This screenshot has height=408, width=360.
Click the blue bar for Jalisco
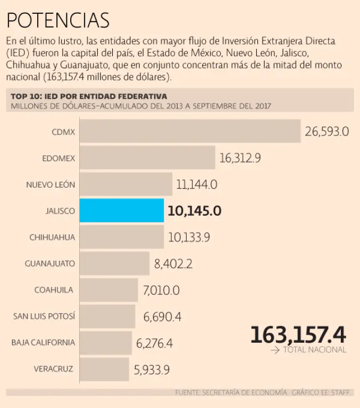(122, 210)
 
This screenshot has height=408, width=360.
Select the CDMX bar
(190, 131)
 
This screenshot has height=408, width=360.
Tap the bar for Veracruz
(104, 369)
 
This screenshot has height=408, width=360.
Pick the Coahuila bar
(109, 290)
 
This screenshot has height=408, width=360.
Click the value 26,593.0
(326, 132)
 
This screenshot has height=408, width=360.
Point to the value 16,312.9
(240, 158)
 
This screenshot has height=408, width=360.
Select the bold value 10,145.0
(194, 211)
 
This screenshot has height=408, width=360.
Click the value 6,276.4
(154, 343)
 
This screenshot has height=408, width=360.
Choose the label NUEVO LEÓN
(51, 185)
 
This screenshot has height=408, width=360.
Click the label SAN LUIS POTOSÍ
(44, 317)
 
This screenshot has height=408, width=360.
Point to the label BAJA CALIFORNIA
(43, 343)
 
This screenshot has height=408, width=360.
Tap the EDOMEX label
(58, 158)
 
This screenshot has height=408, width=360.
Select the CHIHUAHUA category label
(52, 237)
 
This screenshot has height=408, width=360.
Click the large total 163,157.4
(298, 335)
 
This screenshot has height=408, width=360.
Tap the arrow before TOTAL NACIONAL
(275, 350)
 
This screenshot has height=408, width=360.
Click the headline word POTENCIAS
(58, 20)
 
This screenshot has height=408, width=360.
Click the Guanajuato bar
(115, 263)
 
